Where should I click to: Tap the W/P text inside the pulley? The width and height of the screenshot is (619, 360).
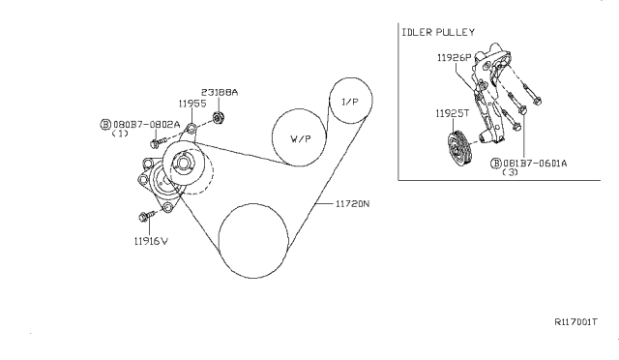301,138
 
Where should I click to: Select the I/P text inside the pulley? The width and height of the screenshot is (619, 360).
349,100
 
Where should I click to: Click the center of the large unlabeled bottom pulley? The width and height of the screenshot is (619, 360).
254,241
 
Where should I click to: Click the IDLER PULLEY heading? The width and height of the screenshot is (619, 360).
436,32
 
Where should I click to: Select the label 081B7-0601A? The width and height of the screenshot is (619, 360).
534,164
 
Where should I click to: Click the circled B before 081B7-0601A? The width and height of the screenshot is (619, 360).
495,164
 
